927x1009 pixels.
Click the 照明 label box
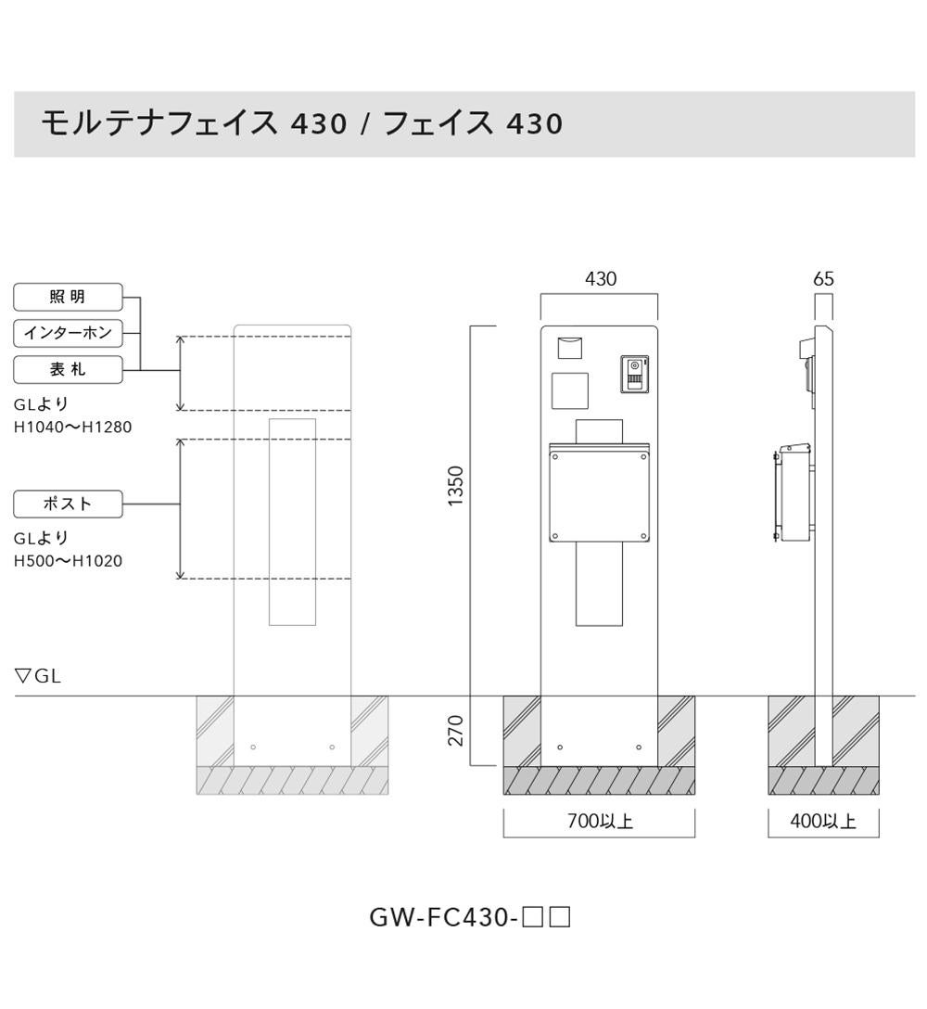[68, 297]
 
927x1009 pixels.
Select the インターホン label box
[68, 333]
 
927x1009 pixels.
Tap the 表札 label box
[68, 369]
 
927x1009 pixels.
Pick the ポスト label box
[68, 504]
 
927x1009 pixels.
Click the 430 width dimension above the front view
[600, 278]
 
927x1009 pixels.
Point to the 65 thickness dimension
[823, 278]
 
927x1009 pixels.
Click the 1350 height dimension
[455, 486]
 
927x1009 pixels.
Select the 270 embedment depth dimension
[455, 731]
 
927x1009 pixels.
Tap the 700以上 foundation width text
[600, 821]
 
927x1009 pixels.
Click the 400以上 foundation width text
[823, 821]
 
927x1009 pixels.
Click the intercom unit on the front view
[634, 374]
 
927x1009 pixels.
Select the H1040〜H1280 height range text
[72, 427]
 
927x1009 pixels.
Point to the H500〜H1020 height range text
[69, 560]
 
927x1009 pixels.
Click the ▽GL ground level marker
[38, 676]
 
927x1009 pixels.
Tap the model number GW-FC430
[443, 917]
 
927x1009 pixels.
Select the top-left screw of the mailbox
[554, 457]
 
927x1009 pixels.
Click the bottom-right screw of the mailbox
[643, 535]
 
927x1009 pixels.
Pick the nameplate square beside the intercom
[570, 390]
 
